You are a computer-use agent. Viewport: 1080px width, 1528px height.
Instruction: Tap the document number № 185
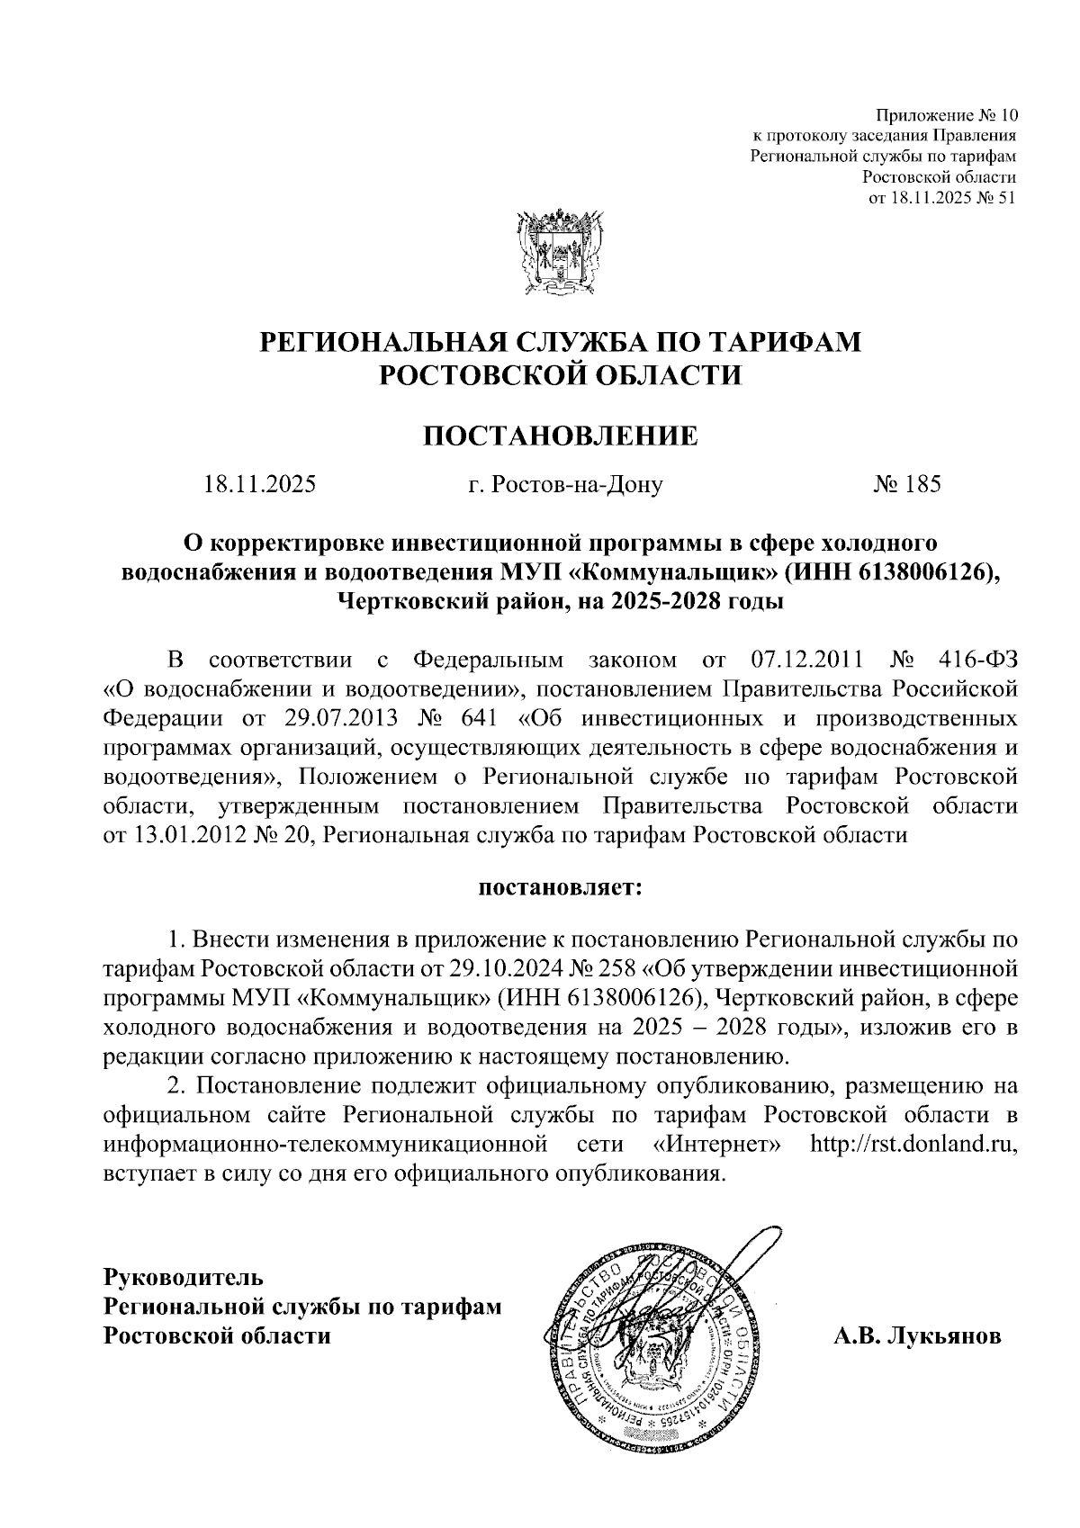pos(906,485)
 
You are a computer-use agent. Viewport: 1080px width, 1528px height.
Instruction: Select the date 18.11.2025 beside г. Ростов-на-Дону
pos(260,485)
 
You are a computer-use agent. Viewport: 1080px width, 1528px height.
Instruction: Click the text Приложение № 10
pos(946,116)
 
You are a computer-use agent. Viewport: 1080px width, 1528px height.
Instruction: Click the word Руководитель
pos(184,1276)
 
